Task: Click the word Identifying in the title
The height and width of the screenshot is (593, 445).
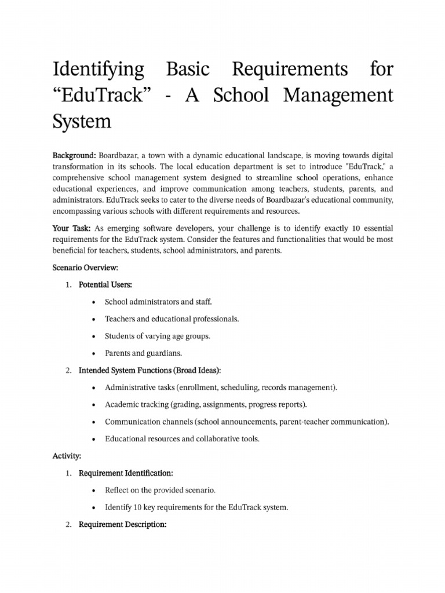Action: coord(99,70)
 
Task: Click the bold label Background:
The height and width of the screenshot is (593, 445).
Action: coord(74,156)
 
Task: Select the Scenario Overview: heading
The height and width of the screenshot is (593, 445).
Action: coord(85,269)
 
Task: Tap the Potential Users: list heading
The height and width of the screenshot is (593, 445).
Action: coord(105,285)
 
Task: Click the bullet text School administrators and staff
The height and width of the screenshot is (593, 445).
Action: coord(158,302)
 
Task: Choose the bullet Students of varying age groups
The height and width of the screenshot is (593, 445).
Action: coord(158,336)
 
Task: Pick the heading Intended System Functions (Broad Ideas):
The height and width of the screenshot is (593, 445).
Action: coord(149,370)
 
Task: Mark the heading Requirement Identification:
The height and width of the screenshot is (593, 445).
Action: coord(126,473)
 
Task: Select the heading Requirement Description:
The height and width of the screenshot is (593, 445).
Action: coord(123,525)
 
